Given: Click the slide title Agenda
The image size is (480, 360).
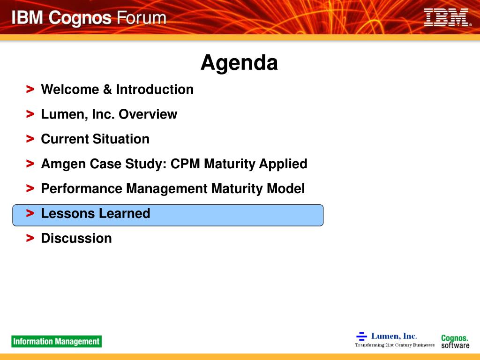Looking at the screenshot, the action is [239, 63].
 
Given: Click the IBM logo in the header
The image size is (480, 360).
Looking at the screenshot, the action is [447, 17].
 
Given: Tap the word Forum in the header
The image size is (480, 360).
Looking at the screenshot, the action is [142, 18].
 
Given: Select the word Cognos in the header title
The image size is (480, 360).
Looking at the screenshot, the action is [80, 18].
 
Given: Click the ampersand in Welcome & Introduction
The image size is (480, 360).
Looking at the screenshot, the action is [107, 90].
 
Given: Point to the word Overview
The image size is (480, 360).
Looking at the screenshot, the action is [148, 114].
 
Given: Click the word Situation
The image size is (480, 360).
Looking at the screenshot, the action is [121, 139].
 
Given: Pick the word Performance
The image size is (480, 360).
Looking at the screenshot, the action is [82, 188].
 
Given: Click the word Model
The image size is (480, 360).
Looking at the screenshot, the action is [285, 188].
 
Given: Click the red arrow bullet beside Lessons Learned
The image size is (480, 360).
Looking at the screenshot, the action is [30, 213].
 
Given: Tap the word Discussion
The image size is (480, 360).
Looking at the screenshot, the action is [76, 238].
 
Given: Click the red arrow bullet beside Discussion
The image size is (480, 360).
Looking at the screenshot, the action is [30, 238].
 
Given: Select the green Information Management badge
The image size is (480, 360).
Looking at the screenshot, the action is [57, 341].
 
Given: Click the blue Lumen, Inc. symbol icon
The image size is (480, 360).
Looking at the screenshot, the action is [361, 336].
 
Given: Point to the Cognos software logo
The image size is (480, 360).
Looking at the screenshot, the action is [455, 341].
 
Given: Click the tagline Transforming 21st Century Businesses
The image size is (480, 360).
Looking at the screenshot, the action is [395, 345].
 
